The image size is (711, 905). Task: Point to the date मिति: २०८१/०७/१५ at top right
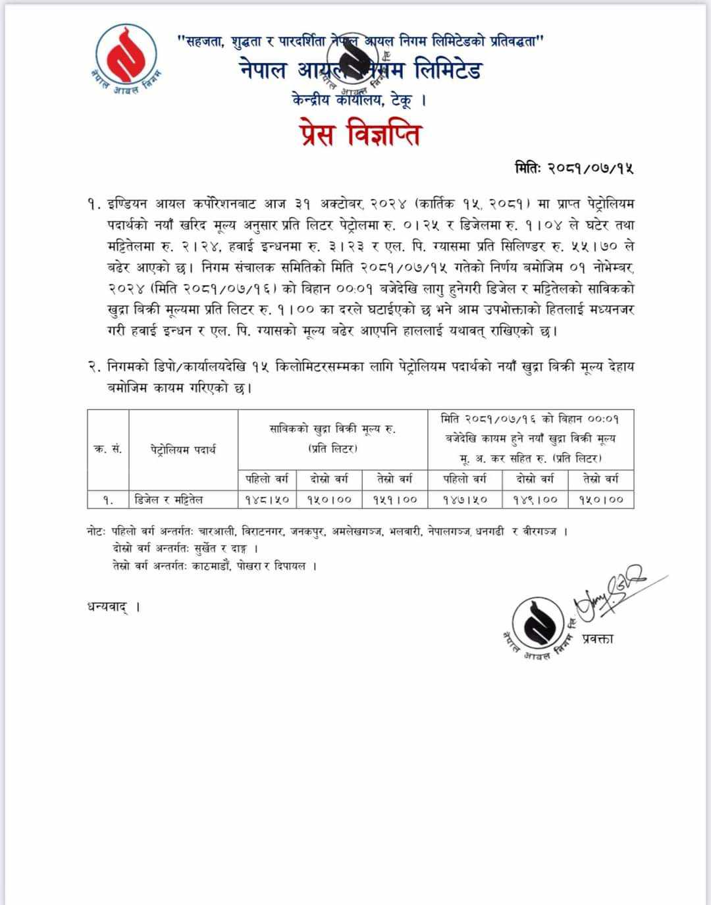point(573,168)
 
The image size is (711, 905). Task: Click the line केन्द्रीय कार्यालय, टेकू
point(358,101)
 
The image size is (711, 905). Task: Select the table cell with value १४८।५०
point(267,500)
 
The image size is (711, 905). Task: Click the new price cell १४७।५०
point(465,500)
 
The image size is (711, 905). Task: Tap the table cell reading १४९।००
point(535,500)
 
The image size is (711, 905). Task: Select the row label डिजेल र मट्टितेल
point(169,500)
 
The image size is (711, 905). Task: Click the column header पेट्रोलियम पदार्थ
point(182,450)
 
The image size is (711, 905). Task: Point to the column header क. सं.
point(108,450)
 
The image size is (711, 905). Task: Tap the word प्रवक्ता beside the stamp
point(598,637)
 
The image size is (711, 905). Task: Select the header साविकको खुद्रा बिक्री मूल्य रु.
point(332,429)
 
